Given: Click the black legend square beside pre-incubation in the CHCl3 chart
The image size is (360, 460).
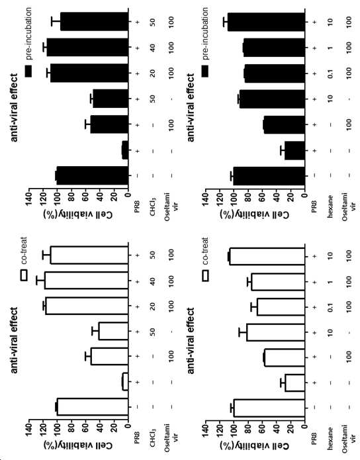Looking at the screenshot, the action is [28, 71].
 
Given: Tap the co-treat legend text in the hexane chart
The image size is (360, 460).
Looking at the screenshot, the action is [205, 251].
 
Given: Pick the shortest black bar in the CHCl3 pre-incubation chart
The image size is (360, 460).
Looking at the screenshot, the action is [125, 151].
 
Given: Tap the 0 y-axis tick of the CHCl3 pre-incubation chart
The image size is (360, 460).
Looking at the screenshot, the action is [128, 195].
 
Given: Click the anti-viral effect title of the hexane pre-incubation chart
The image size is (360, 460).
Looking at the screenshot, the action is [191, 107].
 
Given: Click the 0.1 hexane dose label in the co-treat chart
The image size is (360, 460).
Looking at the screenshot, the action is [330, 307].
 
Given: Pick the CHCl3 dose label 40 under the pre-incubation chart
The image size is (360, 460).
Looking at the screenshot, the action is [153, 47].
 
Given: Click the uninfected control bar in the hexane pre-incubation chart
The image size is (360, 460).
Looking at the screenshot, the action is [269, 176].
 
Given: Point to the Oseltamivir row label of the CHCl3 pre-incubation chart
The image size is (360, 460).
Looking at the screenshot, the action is [171, 202].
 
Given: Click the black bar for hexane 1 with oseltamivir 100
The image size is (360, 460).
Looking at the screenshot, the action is [275, 47].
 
